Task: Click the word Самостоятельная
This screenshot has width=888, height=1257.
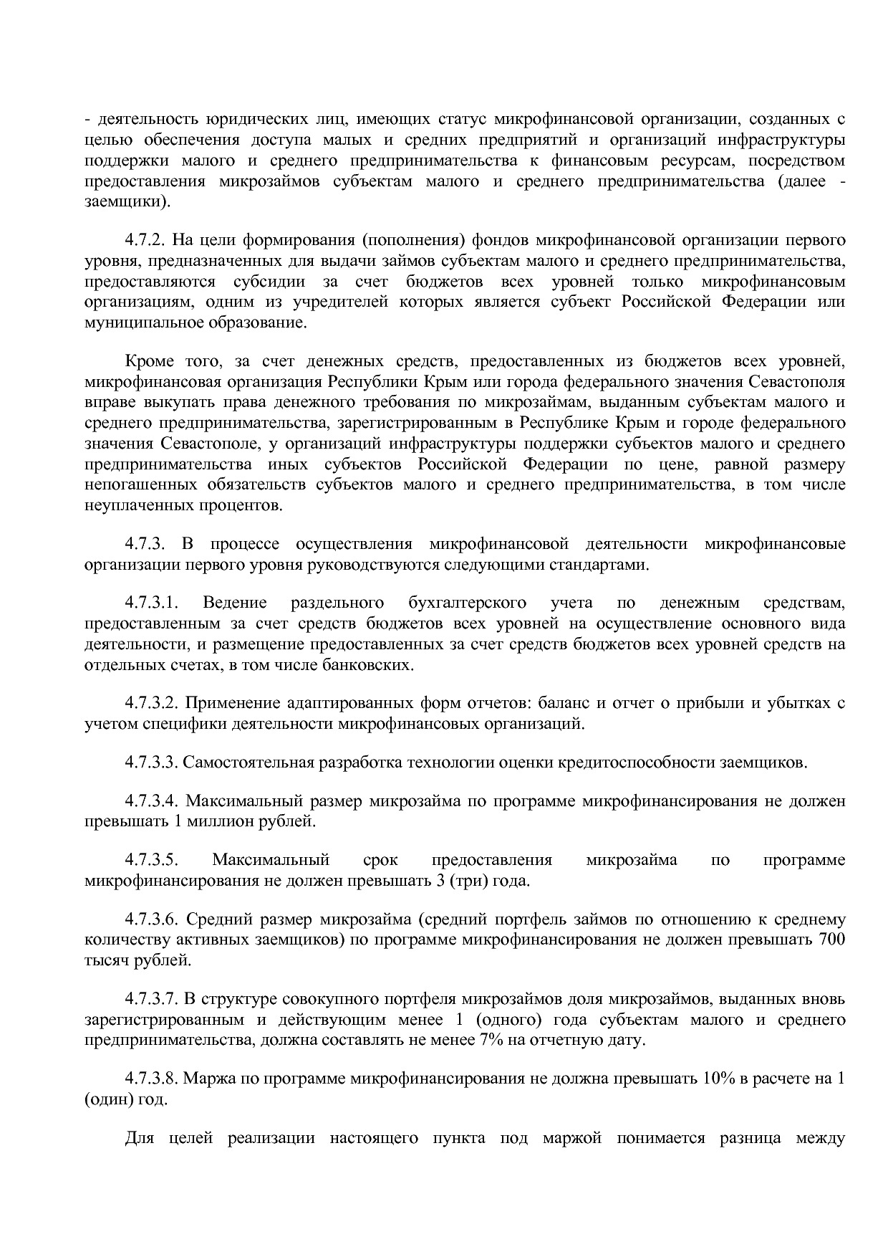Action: (x=248, y=762)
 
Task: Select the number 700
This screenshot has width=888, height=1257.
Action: (x=832, y=940)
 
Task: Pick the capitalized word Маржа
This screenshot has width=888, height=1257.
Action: (x=208, y=1079)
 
